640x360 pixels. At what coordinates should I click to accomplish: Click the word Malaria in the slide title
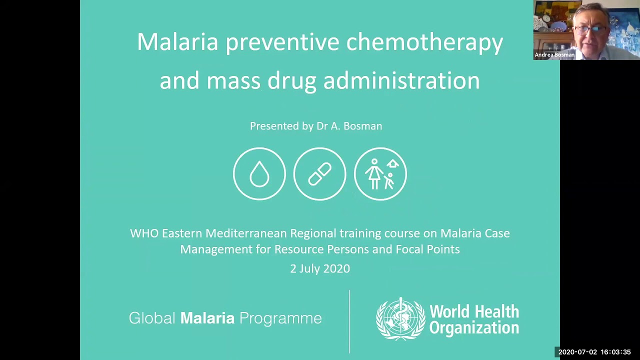(177, 42)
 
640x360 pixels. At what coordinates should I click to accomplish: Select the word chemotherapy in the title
(424, 42)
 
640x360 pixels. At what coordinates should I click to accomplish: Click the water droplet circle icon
(259, 174)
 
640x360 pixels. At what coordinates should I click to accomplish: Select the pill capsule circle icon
(319, 174)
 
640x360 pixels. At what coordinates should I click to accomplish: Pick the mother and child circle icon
(380, 174)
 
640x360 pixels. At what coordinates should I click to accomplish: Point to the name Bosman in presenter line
(362, 126)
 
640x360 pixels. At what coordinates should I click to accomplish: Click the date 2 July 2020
(320, 268)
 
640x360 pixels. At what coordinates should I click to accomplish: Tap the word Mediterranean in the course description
(246, 233)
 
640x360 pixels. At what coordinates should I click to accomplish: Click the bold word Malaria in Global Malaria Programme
(207, 318)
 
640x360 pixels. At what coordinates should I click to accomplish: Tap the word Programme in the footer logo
(280, 318)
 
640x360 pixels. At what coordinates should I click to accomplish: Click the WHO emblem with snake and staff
(400, 319)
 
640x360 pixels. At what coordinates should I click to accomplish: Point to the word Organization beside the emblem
(474, 328)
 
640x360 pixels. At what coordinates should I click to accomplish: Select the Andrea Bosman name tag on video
(554, 55)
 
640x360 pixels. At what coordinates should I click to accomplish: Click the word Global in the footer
(152, 318)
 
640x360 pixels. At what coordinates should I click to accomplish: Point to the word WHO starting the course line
(144, 233)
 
